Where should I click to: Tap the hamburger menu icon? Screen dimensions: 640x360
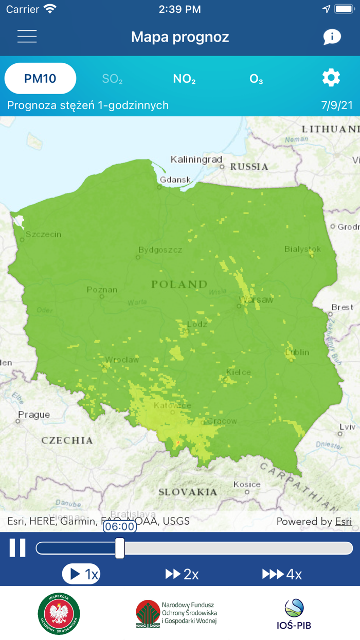pyautogui.click(x=27, y=37)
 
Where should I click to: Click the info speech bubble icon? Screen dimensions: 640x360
pyautogui.click(x=332, y=37)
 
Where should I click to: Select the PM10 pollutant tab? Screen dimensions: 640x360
pyautogui.click(x=40, y=79)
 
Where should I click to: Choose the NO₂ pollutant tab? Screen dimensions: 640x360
pyautogui.click(x=184, y=79)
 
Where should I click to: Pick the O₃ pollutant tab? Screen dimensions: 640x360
pyautogui.click(x=256, y=79)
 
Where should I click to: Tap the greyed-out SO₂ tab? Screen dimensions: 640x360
pyautogui.click(x=112, y=79)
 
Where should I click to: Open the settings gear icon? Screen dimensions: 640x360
pyautogui.click(x=331, y=78)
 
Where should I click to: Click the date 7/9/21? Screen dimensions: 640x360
pyautogui.click(x=337, y=105)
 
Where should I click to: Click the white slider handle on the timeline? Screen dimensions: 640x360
pyautogui.click(x=120, y=548)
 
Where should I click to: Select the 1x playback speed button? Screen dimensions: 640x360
pyautogui.click(x=81, y=574)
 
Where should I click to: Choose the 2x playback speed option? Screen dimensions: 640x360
pyautogui.click(x=182, y=574)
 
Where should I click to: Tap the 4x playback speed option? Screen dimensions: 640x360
pyautogui.click(x=282, y=574)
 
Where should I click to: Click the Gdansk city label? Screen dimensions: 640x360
pyautogui.click(x=175, y=180)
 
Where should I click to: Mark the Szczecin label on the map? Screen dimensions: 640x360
pyautogui.click(x=43, y=234)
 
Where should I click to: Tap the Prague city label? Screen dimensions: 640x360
pyautogui.click(x=34, y=415)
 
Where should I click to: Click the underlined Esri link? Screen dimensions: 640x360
pyautogui.click(x=344, y=521)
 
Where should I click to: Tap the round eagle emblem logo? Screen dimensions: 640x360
pyautogui.click(x=59, y=614)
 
